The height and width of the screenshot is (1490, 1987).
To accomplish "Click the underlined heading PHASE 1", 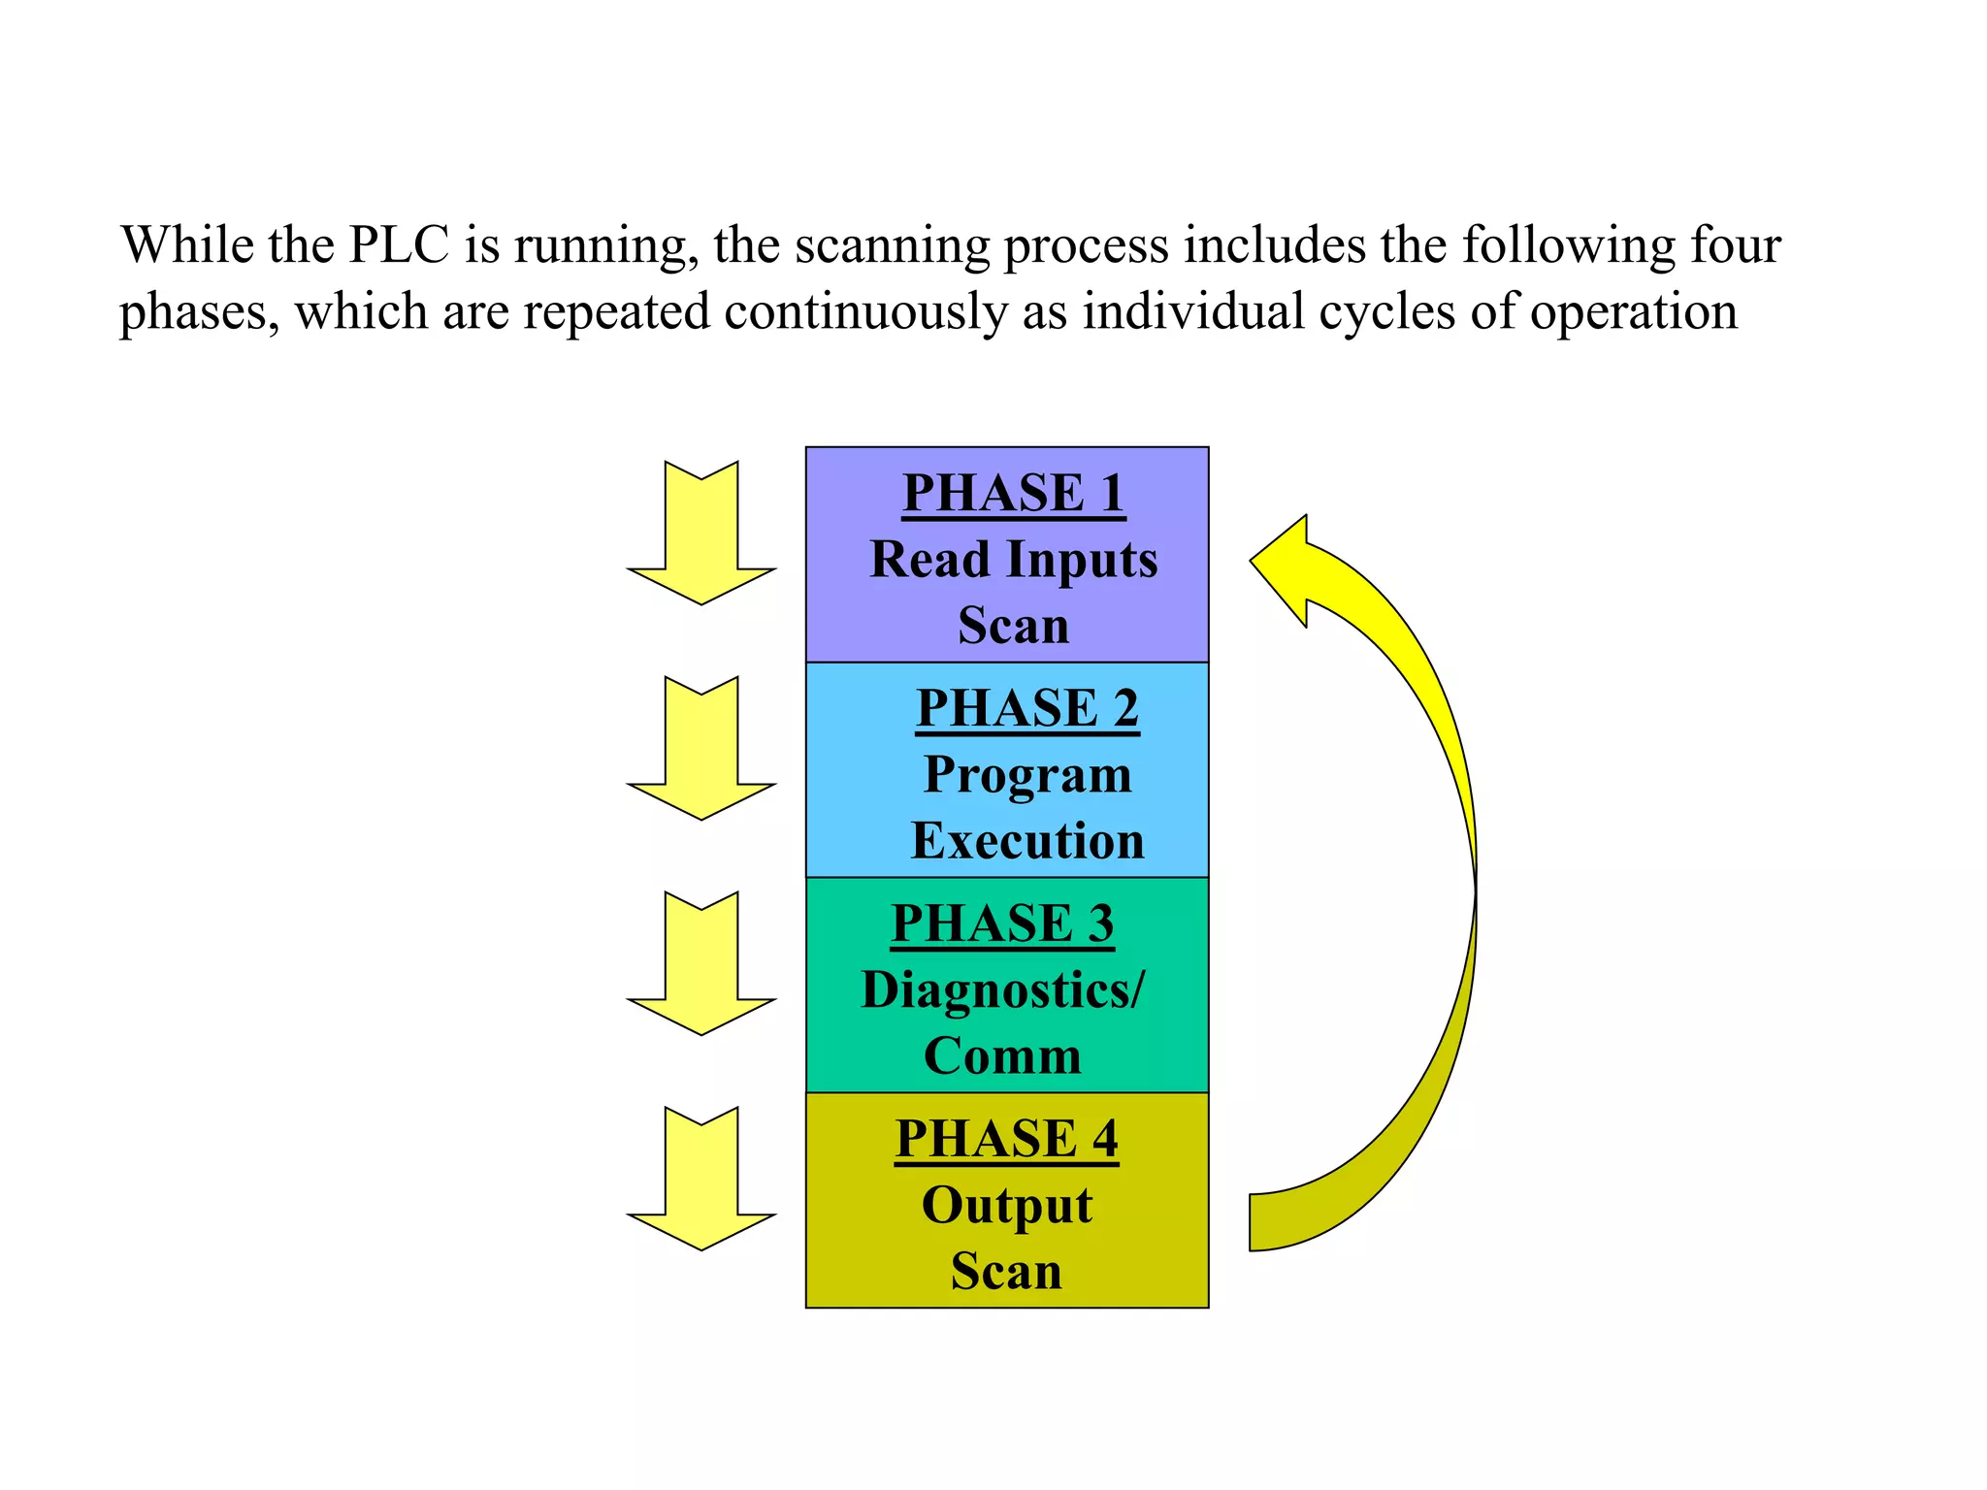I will (x=1013, y=493).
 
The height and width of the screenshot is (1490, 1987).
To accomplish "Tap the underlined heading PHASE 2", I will (x=1026, y=708).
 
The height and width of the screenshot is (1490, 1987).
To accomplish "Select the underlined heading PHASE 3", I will (x=1002, y=923).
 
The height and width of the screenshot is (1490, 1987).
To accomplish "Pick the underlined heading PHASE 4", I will (x=1006, y=1139).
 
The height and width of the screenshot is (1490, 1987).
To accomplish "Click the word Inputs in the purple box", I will (x=1082, y=561).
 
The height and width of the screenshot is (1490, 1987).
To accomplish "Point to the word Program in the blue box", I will (x=1027, y=775).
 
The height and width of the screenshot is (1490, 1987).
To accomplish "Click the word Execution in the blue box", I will (x=1027, y=841).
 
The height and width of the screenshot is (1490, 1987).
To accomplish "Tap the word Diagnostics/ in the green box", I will (x=1003, y=990).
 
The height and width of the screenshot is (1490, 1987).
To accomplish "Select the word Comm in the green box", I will (x=1002, y=1056).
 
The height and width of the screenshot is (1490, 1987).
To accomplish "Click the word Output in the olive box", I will (x=1006, y=1206).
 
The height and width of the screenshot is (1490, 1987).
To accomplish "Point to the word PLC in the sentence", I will (x=399, y=244).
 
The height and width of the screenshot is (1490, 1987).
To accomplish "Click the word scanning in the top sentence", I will (x=892, y=246).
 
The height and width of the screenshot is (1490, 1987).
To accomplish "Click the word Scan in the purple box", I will (x=1013, y=626).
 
